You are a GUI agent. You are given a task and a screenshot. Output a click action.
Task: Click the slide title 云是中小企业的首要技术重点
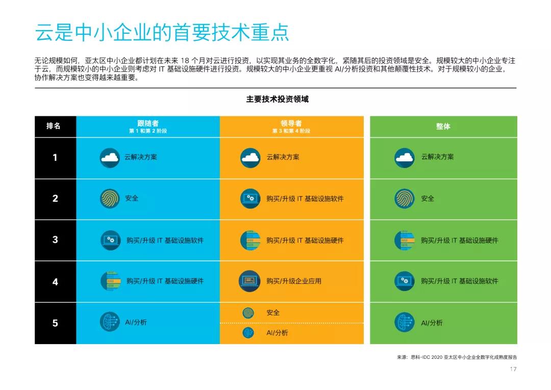tap(162, 32)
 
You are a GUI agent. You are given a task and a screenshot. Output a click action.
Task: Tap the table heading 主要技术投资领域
tap(277, 99)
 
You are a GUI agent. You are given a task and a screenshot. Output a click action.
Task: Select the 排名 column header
tap(54, 126)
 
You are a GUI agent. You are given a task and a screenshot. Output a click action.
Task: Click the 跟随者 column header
tap(148, 124)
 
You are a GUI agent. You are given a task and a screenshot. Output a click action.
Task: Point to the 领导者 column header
tap(291, 124)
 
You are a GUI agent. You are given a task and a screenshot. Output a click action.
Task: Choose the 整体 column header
tap(443, 126)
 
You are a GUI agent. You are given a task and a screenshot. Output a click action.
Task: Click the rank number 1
tap(55, 157)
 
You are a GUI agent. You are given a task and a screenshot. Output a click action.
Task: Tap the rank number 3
tap(55, 239)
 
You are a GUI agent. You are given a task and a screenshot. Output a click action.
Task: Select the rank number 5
tap(55, 323)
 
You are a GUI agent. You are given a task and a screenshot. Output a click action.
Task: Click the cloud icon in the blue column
tap(110, 157)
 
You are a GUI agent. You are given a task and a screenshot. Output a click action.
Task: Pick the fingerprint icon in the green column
tap(405, 199)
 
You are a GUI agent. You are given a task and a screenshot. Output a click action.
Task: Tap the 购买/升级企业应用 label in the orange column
tap(294, 281)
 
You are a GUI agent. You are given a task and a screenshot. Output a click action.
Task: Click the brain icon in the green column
tap(405, 323)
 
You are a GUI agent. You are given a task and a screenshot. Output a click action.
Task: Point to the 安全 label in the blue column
tap(132, 198)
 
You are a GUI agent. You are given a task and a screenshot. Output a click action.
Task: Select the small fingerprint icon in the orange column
tap(248, 312)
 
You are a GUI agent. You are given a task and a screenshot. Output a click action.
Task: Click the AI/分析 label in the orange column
tap(277, 333)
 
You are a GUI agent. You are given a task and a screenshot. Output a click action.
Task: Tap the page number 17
tap(513, 369)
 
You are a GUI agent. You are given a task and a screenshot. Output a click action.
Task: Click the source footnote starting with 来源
tap(460, 357)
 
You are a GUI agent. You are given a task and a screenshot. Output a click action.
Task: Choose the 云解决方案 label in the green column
tap(437, 157)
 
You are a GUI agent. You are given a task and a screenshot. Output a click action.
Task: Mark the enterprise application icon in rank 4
tap(249, 281)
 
